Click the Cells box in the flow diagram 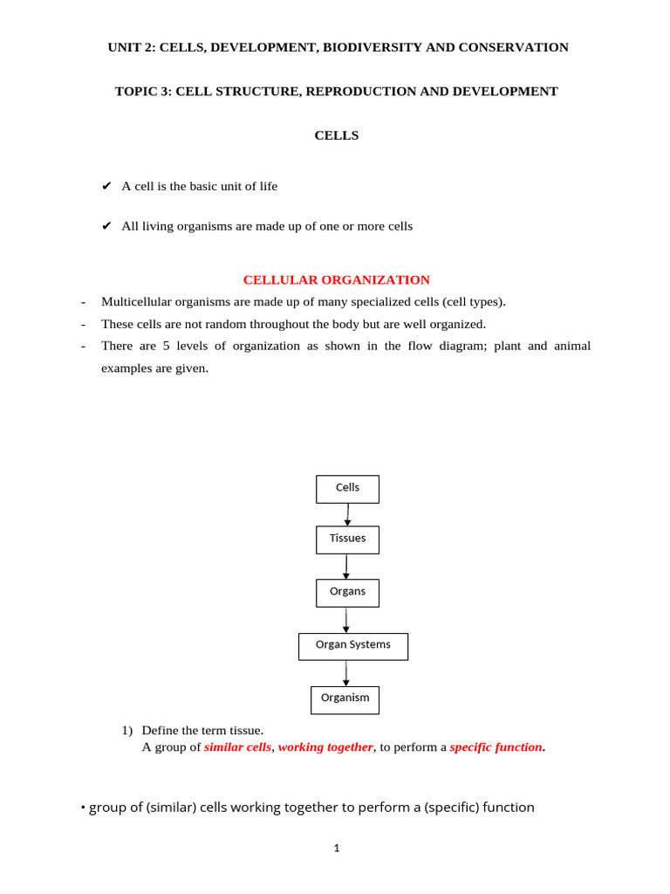click(x=347, y=489)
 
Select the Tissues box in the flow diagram click(x=347, y=540)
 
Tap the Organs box click(x=347, y=593)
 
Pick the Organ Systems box click(x=352, y=646)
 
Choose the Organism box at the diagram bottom click(x=345, y=699)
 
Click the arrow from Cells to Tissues click(x=347, y=515)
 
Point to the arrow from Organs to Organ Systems click(x=345, y=620)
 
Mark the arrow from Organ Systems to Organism click(x=345, y=673)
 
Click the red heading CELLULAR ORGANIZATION click(x=336, y=280)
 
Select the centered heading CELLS click(x=336, y=135)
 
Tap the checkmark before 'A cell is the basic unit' click(x=106, y=186)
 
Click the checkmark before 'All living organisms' click(x=106, y=226)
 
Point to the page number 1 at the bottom click(x=336, y=848)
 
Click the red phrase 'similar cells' click(x=237, y=747)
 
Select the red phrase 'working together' click(x=325, y=747)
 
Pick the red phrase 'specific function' click(x=496, y=747)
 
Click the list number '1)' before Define click(x=126, y=730)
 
